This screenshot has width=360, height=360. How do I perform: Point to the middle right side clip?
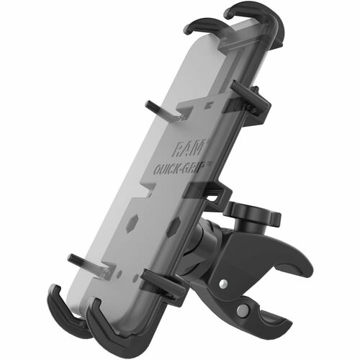point(216,194)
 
